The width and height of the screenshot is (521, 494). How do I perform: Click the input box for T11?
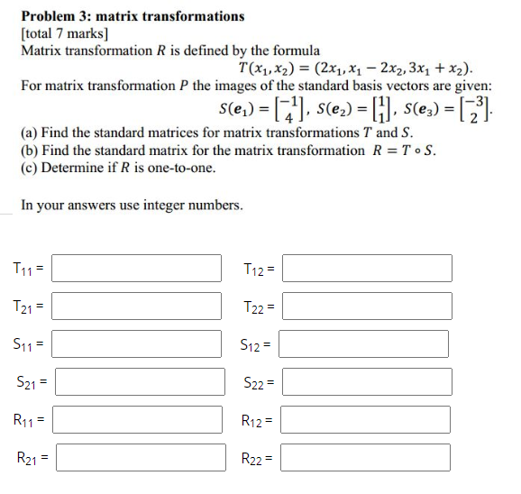click(138, 268)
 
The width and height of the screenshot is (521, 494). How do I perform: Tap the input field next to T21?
click(138, 306)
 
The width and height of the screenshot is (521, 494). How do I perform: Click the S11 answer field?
click(138, 343)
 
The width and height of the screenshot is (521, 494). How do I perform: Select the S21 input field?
click(138, 381)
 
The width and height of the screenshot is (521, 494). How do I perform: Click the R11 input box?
click(138, 419)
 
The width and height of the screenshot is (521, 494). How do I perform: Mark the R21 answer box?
click(138, 457)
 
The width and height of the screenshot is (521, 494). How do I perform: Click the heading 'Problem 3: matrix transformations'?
click(133, 16)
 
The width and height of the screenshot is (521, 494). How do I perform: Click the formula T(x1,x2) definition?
click(355, 68)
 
